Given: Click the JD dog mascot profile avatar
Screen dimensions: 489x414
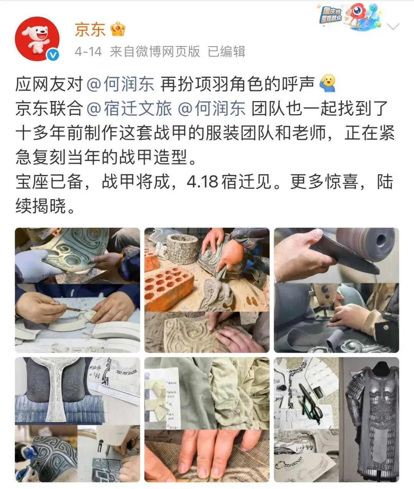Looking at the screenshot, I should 37,38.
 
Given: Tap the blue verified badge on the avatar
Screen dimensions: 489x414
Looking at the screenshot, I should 53,55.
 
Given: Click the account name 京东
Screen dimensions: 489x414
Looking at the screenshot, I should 90,29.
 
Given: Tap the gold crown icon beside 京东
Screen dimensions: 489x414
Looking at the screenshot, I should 118,29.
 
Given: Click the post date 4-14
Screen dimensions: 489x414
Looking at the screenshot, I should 88,51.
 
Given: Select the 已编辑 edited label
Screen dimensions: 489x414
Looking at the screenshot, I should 226,51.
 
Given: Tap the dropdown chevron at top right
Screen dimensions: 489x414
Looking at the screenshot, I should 393,27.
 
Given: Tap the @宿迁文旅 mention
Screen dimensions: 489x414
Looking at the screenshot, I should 129,109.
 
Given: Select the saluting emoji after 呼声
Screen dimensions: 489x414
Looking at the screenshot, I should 327,83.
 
